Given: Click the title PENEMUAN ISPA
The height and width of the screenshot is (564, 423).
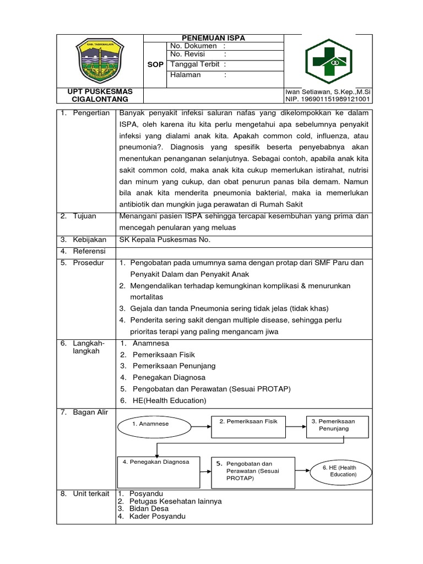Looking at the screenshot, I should [x=214, y=38].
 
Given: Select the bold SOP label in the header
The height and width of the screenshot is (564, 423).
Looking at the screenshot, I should [x=156, y=64].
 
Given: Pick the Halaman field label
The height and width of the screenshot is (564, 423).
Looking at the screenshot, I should [x=186, y=75].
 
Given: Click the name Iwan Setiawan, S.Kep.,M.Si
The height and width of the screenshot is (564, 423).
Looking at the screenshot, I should [x=328, y=91].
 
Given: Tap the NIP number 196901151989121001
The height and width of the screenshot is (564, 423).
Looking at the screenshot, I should [x=328, y=99].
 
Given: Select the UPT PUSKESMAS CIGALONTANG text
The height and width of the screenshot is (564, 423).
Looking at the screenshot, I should [x=100, y=95].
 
